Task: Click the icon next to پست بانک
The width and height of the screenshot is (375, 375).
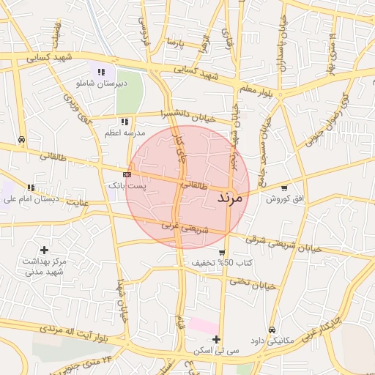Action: [x=127, y=174]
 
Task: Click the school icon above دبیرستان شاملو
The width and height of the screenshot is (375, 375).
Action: [x=101, y=72]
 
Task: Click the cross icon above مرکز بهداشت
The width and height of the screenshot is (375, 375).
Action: [x=44, y=250]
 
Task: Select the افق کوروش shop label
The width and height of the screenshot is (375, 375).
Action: [x=284, y=199]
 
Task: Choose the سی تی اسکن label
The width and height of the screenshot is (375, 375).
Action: [x=216, y=351]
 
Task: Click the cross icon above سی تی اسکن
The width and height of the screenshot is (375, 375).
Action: [x=216, y=339]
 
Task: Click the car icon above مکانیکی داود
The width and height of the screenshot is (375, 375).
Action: [x=272, y=330]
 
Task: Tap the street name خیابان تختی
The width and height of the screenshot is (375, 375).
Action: [x=253, y=283]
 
